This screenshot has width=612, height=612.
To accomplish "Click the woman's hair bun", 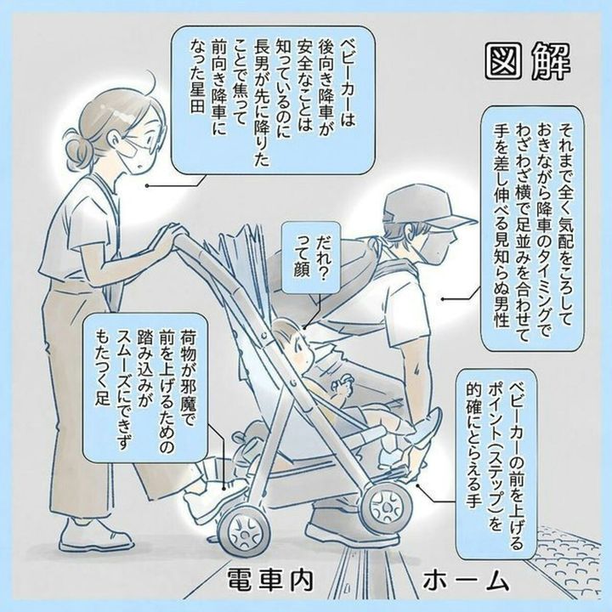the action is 76,151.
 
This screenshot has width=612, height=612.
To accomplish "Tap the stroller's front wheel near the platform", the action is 385,507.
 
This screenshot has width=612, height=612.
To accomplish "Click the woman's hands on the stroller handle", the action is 168,236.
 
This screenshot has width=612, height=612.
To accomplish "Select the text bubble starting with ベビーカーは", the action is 274,100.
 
